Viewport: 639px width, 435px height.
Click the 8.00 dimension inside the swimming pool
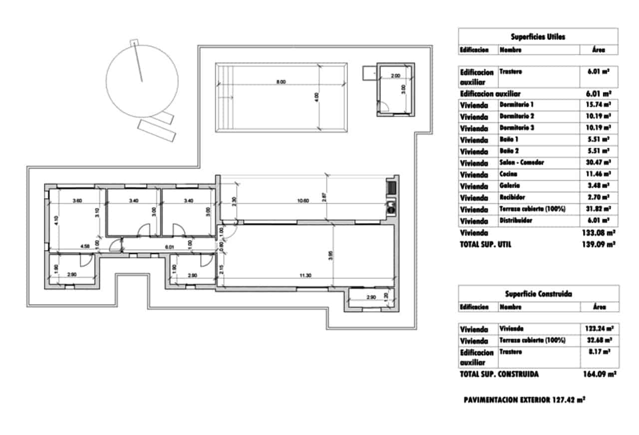coord(281,82)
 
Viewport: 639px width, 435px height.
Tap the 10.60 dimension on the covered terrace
coord(303,201)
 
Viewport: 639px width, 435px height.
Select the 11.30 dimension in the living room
coord(306,275)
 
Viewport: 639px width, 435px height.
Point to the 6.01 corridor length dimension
coord(169,246)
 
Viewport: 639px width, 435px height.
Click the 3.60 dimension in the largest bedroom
coord(77,201)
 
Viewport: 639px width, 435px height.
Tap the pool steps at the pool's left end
coord(225,97)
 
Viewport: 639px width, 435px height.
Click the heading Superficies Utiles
coord(538,37)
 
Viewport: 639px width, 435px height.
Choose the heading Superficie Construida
coord(538,294)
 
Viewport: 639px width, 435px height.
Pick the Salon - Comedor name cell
coord(522,163)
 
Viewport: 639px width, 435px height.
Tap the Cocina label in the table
coord(508,174)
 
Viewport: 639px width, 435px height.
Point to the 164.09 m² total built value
coord(599,374)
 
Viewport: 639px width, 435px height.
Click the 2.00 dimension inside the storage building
coord(395,76)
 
